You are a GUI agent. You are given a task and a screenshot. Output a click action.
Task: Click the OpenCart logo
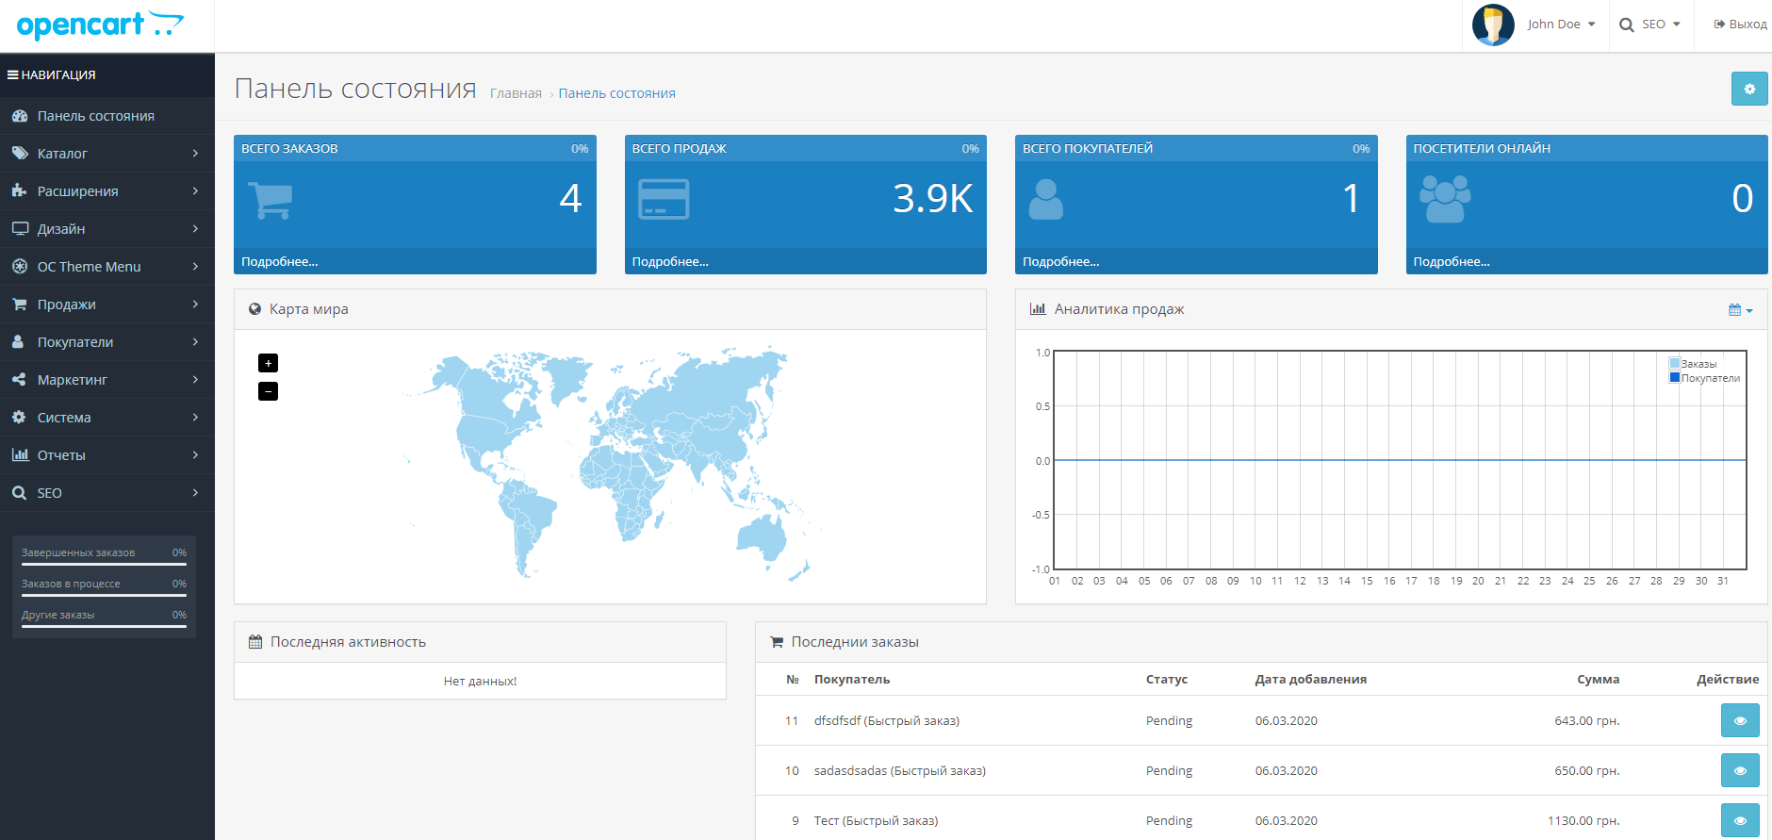100,25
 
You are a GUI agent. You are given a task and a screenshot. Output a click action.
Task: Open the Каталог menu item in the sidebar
62,154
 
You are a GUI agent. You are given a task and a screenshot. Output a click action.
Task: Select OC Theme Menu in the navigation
89,267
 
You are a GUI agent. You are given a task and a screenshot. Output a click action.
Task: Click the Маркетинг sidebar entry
73,380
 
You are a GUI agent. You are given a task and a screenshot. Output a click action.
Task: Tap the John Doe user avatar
1493,25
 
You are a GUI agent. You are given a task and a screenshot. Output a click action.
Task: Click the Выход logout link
1740,25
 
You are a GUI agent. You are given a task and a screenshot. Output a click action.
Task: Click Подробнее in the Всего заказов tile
280,262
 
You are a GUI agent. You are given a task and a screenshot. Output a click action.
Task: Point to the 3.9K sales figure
932,198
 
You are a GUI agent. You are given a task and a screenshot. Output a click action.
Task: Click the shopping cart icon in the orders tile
271,200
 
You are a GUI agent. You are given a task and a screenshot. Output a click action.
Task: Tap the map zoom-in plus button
269,363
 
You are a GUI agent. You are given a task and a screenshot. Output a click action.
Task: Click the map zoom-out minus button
269,391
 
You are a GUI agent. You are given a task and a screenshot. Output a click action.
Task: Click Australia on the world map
762,538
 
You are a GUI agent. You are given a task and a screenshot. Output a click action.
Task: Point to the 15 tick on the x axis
1367,581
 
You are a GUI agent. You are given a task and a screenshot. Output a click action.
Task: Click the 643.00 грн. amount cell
1587,721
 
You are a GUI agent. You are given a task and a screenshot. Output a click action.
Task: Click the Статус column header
1167,680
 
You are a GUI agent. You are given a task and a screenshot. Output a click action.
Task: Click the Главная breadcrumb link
516,93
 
